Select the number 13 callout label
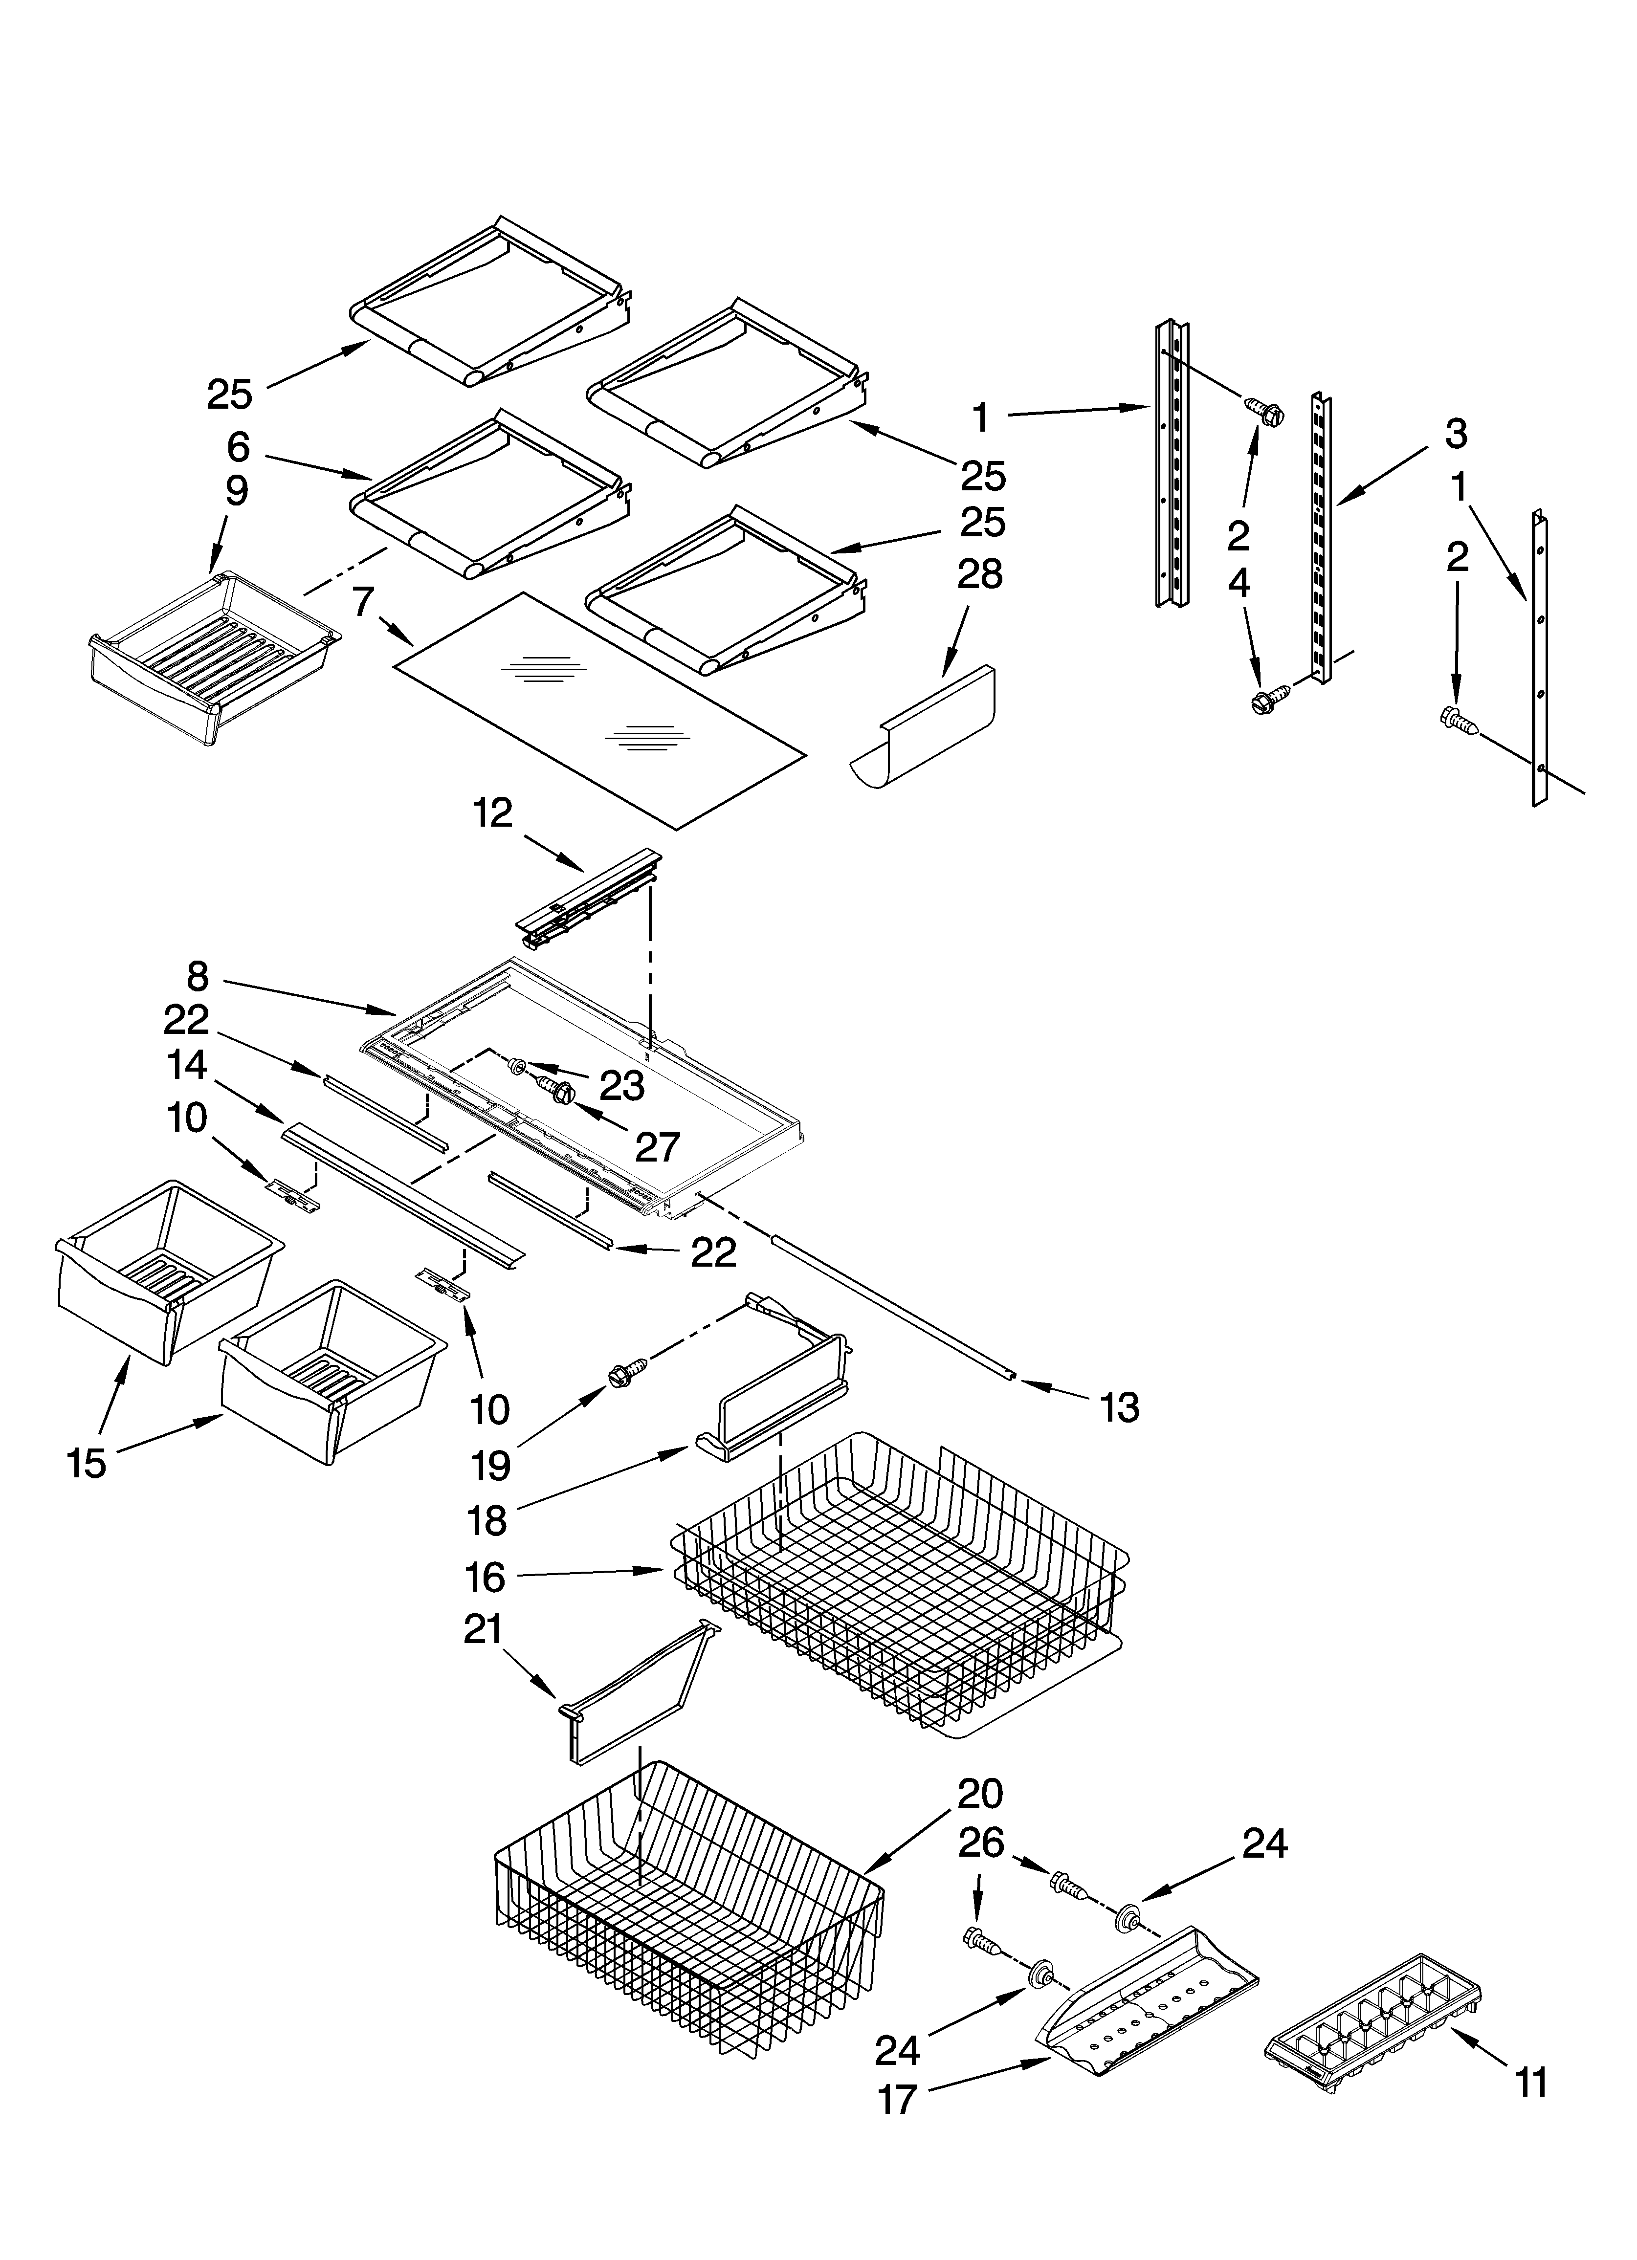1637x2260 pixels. coord(1119,1407)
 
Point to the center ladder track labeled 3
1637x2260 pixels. coord(1322,538)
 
